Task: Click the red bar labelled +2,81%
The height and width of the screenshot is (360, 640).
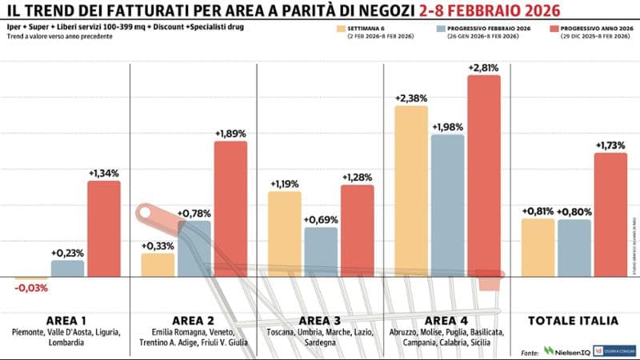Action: (484, 176)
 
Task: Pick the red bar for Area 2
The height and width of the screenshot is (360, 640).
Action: (231, 209)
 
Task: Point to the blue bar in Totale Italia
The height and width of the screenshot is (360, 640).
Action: (574, 247)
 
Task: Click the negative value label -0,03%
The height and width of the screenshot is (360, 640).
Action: (32, 288)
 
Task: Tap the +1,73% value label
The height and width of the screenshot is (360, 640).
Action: (611, 145)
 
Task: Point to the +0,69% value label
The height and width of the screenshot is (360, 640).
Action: (321, 218)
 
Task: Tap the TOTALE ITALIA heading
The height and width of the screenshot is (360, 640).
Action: (573, 321)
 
